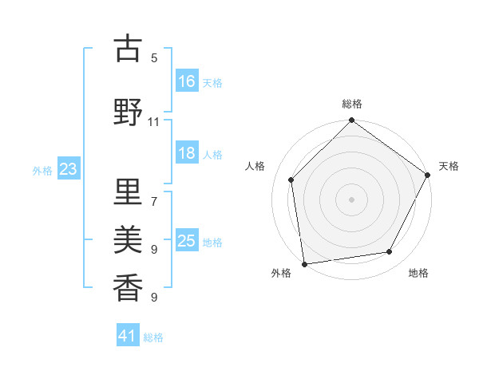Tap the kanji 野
point(128,112)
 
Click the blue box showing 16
point(188,81)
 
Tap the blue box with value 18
point(188,154)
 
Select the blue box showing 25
point(188,240)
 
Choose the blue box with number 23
point(69,169)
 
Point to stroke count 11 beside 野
point(153,121)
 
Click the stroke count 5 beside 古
point(154,57)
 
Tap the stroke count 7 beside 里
point(154,195)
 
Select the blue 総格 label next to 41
point(154,337)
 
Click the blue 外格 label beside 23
point(42,171)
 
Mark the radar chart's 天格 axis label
point(449,166)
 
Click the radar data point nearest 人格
point(291,180)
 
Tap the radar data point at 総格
point(351,121)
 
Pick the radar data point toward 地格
point(390,251)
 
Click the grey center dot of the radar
point(351,199)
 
